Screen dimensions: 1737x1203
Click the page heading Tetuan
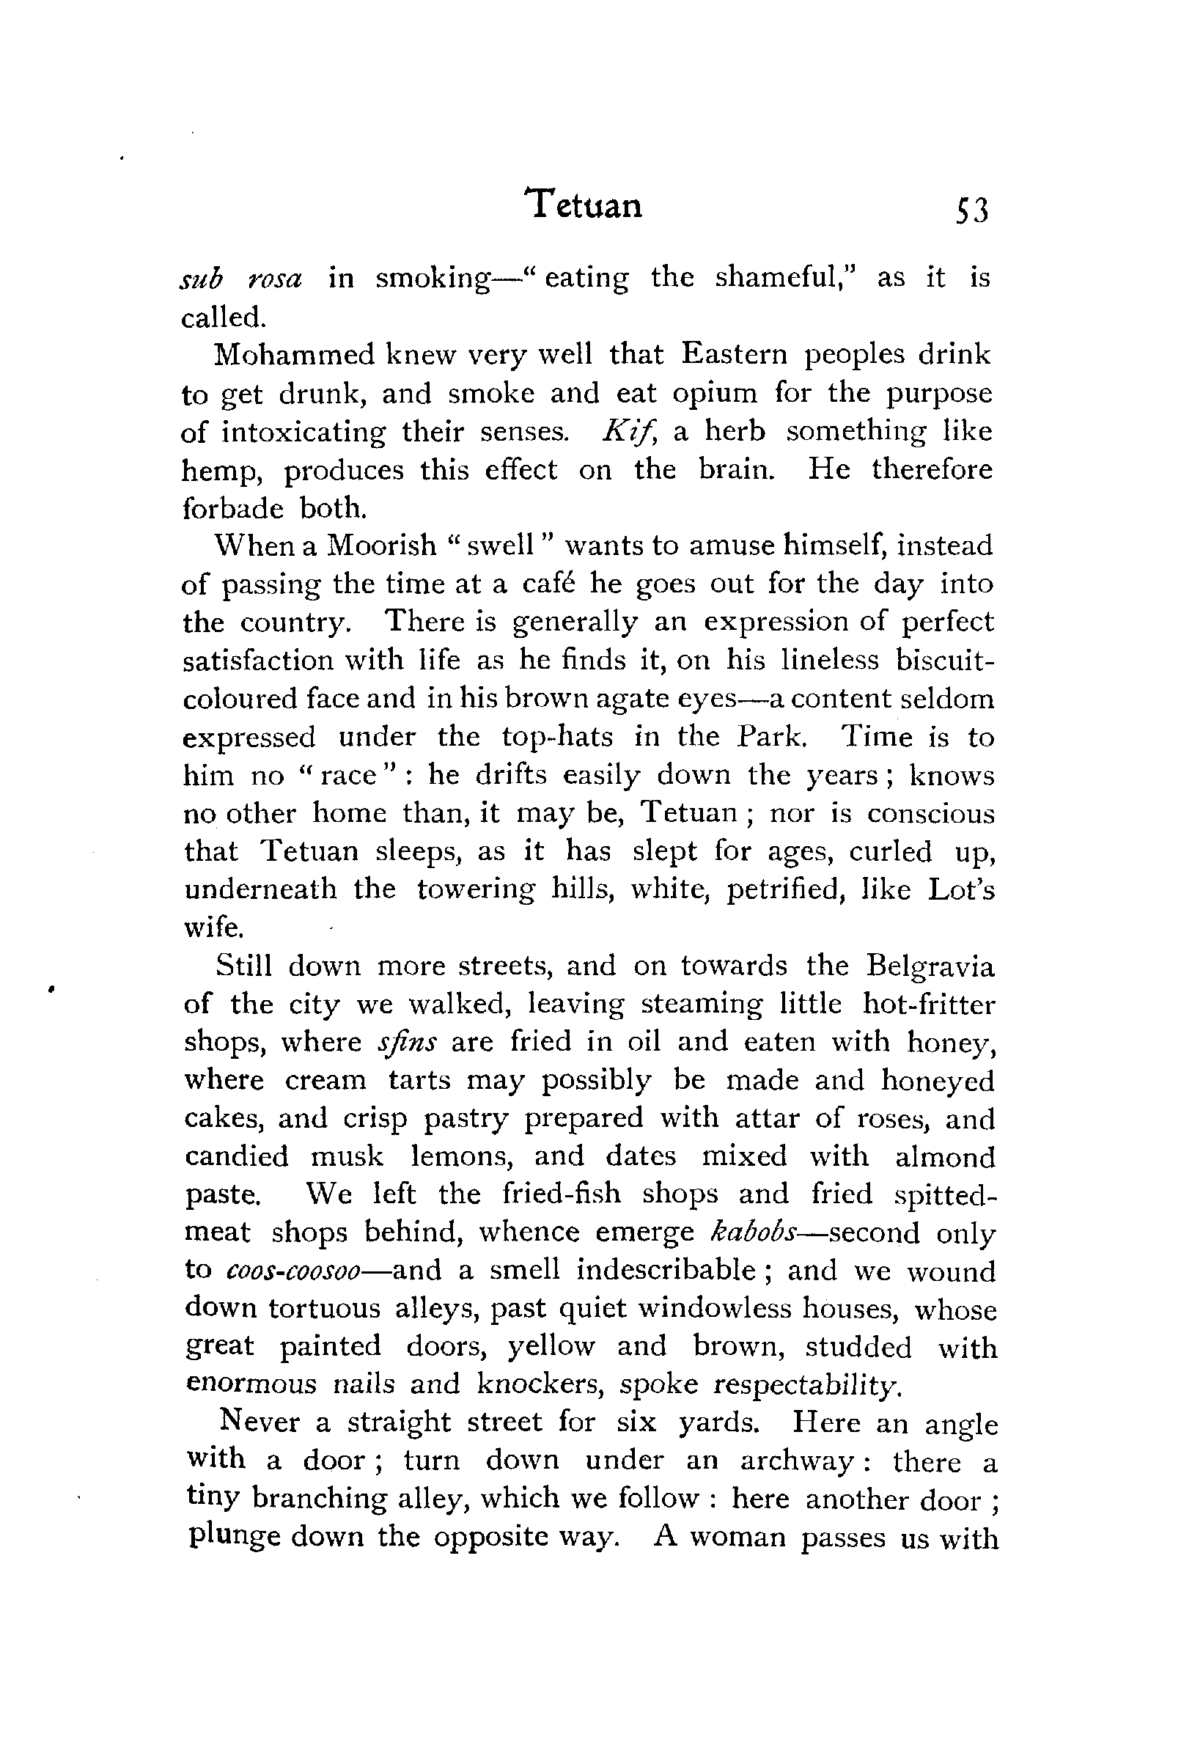[586, 205]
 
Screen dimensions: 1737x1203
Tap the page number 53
[971, 212]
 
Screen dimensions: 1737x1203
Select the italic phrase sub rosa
[241, 278]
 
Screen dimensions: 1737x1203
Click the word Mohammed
[295, 354]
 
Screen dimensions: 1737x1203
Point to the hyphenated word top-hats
[557, 737]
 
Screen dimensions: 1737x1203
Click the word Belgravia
[931, 966]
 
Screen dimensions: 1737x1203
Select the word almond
[945, 1156]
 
